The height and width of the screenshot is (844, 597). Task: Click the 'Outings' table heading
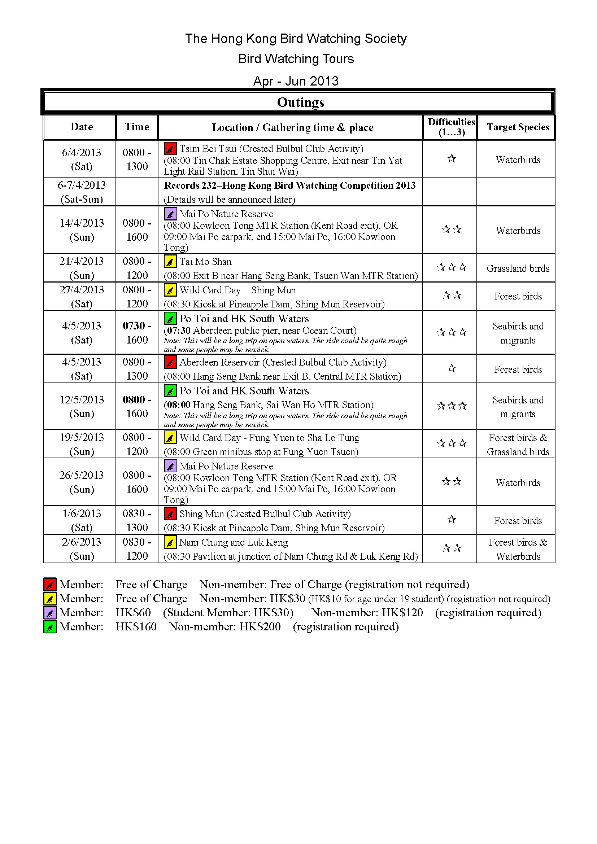300,102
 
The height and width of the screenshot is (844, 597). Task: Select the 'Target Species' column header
518,127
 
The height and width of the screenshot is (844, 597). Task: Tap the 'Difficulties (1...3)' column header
451,127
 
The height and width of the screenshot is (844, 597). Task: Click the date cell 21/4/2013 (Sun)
82,268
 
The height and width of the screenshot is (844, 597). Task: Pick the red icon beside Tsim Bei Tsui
170,149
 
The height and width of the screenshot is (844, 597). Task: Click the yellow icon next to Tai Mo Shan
170,262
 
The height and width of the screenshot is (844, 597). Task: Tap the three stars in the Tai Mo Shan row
452,267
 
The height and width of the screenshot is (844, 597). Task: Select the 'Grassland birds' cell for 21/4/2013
518,268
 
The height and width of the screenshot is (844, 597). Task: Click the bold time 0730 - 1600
137,333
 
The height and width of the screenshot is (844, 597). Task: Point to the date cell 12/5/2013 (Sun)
82,407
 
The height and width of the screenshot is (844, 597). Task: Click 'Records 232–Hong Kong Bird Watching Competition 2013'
290,185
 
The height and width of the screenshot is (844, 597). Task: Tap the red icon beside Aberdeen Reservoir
170,362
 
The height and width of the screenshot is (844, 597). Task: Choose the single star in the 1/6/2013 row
452,519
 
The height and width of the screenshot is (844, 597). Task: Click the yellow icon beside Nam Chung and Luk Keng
170,542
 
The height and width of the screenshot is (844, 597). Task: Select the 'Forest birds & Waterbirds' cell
518,549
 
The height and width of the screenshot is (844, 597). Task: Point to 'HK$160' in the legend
136,627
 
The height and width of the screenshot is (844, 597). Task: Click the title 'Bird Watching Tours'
296,59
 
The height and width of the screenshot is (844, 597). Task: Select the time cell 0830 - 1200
137,549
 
